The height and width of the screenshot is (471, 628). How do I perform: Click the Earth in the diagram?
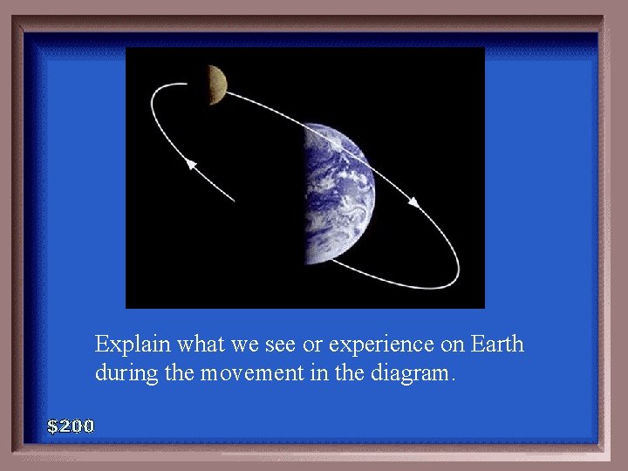click(x=339, y=194)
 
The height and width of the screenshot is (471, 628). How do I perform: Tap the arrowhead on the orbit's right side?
click(x=414, y=202)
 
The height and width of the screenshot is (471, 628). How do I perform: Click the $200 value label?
click(x=71, y=427)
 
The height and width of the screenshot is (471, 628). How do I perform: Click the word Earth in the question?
click(x=497, y=345)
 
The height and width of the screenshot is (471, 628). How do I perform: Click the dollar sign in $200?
click(x=53, y=427)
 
